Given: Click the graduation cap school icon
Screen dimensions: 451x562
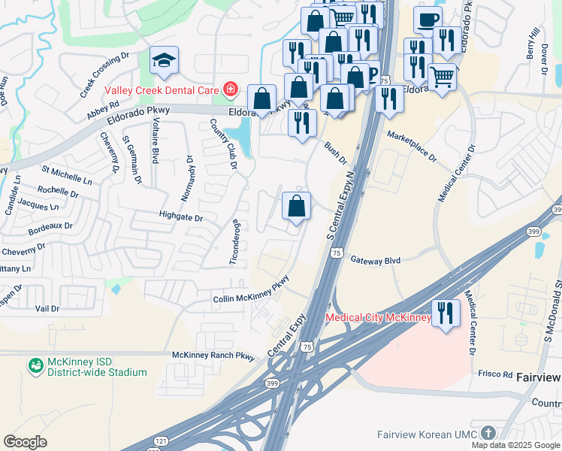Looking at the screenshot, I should point(163,60).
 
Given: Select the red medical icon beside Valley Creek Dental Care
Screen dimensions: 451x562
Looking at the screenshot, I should point(229,90).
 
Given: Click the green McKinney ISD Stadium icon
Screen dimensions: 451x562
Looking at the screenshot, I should point(35,366).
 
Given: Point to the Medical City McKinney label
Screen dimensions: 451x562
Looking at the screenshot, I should point(378,318).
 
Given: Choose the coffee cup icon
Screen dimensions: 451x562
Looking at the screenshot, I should point(428,20).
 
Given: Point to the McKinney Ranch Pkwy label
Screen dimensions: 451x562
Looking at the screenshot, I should point(213,356).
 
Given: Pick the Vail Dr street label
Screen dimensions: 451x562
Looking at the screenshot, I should point(47,308).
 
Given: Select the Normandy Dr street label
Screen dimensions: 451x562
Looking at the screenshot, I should point(187,179).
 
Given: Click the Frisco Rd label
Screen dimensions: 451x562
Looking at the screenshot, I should point(493,373).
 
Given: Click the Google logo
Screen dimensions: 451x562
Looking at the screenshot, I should point(25,441).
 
